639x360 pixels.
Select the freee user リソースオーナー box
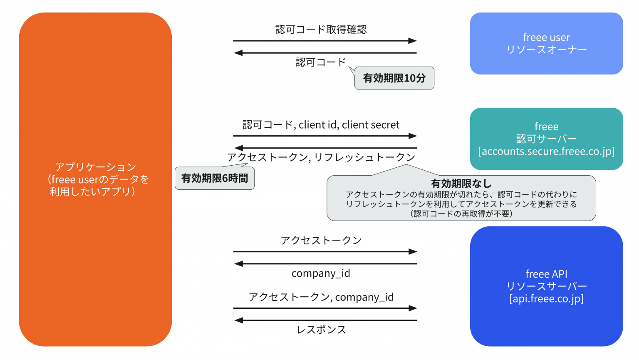[546, 43]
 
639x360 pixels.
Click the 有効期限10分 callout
[394, 78]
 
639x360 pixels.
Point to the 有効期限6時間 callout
[215, 179]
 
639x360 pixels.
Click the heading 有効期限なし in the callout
[461, 184]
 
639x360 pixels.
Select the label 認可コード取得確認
[321, 30]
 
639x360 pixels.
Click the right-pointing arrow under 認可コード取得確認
[324, 41]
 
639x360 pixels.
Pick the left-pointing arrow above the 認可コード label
[324, 53]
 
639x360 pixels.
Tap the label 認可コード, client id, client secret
[321, 125]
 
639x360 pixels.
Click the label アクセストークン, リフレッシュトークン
[321, 157]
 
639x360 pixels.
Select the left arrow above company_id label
[324, 264]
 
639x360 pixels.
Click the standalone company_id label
[321, 273]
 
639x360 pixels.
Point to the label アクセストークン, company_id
[321, 297]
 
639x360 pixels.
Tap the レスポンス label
[321, 330]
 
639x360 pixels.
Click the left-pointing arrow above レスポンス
[324, 320]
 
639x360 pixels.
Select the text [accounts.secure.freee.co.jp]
[546, 151]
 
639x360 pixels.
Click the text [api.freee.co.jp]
[546, 299]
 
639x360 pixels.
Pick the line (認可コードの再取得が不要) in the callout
[461, 214]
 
